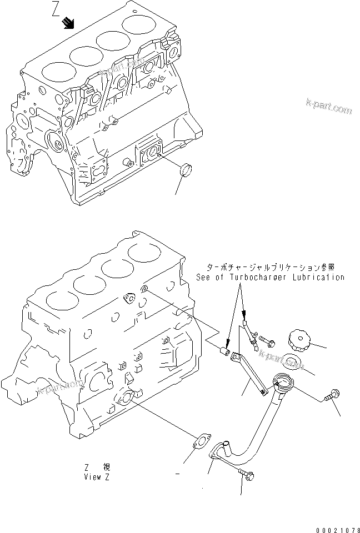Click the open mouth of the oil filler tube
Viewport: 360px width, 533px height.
[x=282, y=382]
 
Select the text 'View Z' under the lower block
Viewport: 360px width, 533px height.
[x=97, y=477]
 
